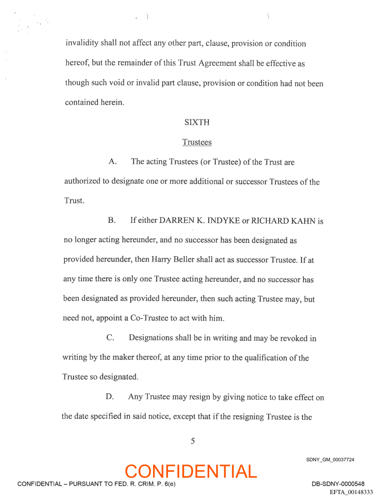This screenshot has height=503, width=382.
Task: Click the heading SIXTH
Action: (197, 122)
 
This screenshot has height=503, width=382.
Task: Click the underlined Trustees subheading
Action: (197, 142)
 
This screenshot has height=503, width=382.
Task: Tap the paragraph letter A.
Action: (112, 162)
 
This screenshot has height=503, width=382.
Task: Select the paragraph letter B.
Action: (111, 220)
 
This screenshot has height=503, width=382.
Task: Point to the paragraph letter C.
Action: (111, 338)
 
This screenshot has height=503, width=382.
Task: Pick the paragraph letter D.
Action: (110, 397)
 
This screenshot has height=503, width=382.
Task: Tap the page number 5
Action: (193, 441)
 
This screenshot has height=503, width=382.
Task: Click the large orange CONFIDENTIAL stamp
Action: (191, 471)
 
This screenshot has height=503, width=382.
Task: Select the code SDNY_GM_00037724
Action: (330, 459)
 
